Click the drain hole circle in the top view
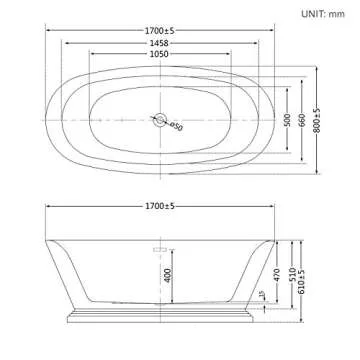158,119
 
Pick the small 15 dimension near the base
262,296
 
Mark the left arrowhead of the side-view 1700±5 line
46,216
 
